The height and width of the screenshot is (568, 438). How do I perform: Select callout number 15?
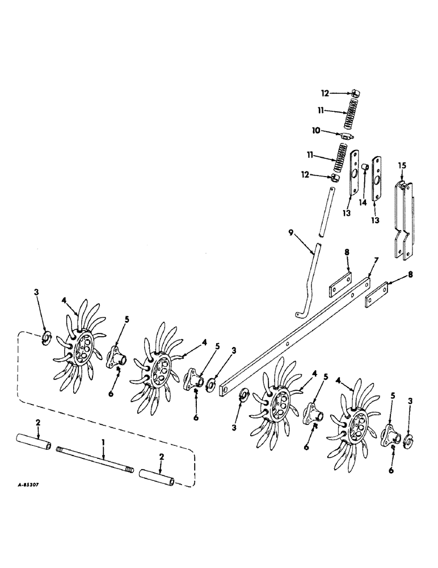click(x=403, y=165)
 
